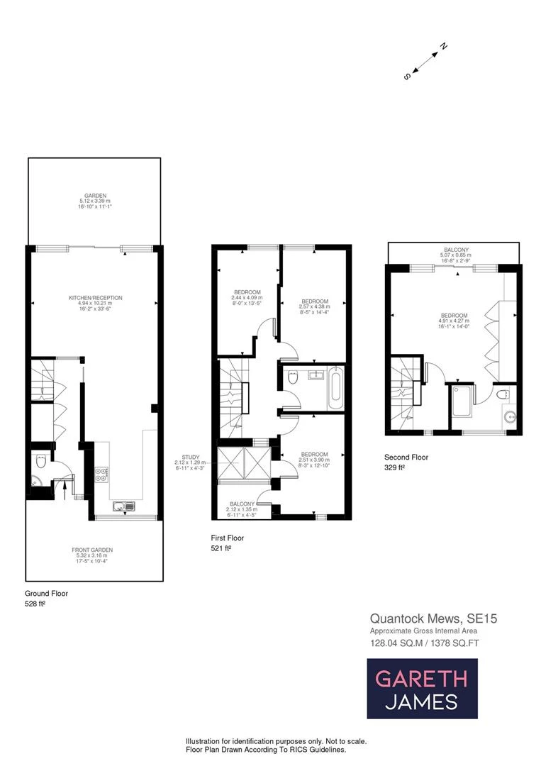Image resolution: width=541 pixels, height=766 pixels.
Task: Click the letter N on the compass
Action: point(443,47)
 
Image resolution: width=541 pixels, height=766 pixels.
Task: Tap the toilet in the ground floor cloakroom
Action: point(42,462)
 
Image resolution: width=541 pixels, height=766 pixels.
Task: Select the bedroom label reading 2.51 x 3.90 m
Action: point(313,460)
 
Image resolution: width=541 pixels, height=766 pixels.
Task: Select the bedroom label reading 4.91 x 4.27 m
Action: point(454,321)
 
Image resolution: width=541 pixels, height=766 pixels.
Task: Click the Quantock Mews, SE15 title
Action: point(433,618)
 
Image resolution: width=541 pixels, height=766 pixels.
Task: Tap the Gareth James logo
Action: point(421,689)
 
